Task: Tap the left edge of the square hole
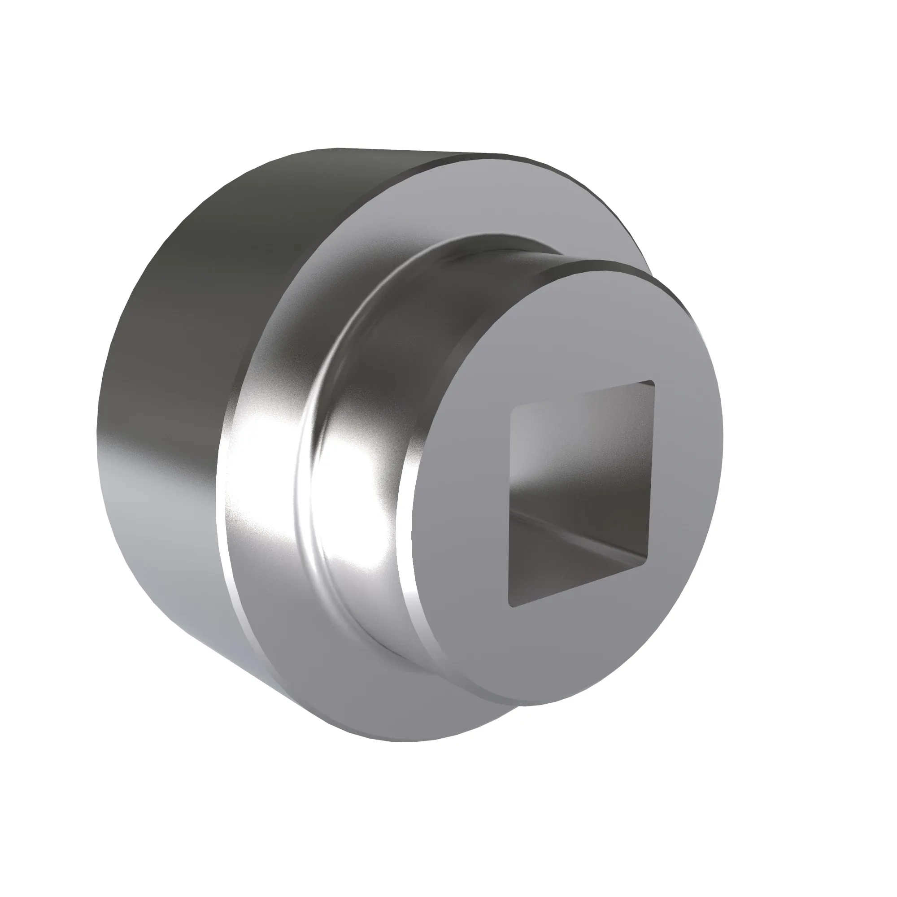(511, 506)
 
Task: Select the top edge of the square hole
(582, 394)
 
